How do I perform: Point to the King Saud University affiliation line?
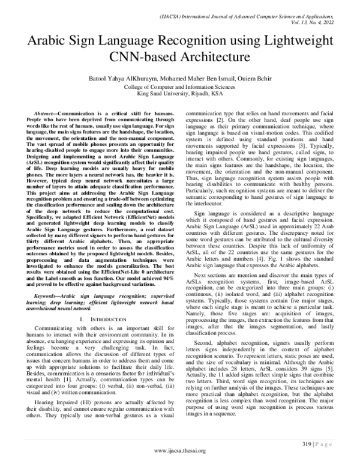point(179,94)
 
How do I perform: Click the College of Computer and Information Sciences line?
point(179,86)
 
